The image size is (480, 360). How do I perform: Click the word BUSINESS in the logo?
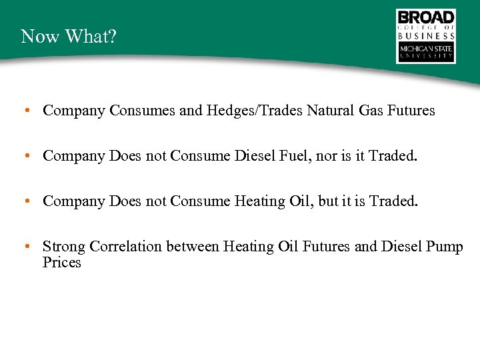pyautogui.click(x=426, y=36)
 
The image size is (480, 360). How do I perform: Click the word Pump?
pyautogui.click(x=445, y=247)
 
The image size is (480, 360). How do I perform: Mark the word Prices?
pyautogui.click(x=62, y=263)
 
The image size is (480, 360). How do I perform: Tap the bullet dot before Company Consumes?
pyautogui.click(x=25, y=111)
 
